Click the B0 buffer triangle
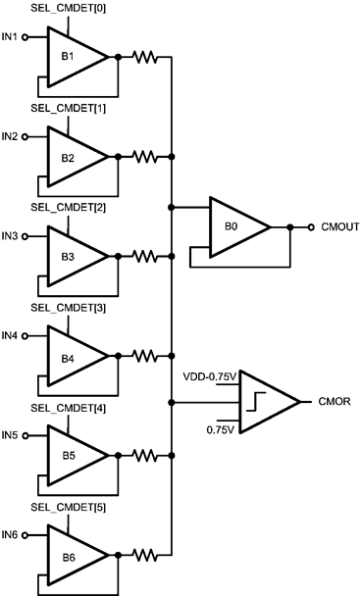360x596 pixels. pos(235,227)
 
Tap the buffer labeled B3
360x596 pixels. pos(72,256)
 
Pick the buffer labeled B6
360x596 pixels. pos(72,555)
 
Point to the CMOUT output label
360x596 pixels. pos(335,227)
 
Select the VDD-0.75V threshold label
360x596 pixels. pos(210,376)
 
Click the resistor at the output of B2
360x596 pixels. pos(144,157)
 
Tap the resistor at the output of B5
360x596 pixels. pos(144,456)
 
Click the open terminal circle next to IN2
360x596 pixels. pos(26,137)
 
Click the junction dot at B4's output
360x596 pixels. pos(118,356)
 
